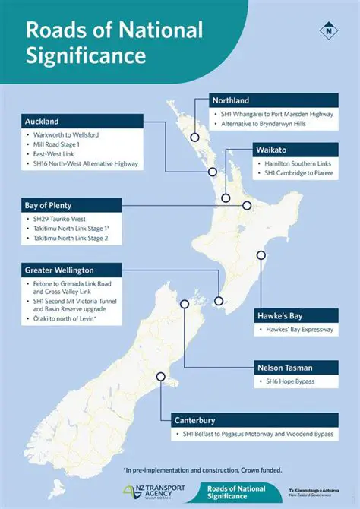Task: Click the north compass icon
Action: (x=327, y=31)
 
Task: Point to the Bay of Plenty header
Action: (x=71, y=205)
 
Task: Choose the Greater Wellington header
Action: (x=71, y=270)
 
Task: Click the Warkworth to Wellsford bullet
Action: (x=68, y=134)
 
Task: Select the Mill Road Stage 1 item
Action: (x=58, y=144)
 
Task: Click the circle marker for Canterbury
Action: (x=161, y=376)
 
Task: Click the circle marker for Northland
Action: (x=194, y=138)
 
